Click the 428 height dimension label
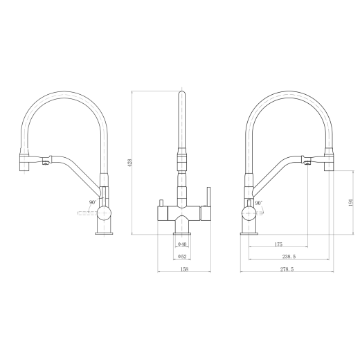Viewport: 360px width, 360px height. (x=130, y=163)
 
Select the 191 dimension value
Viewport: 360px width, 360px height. (x=351, y=202)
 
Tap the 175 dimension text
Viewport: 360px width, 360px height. (x=278, y=244)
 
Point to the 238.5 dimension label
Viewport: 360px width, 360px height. (x=289, y=256)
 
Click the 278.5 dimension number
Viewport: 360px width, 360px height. (x=287, y=269)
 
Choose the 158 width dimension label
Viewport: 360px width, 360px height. (x=184, y=269)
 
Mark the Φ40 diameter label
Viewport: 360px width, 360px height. (x=182, y=244)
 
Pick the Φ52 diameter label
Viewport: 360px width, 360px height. (x=182, y=256)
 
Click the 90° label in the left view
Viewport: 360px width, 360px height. (x=93, y=202)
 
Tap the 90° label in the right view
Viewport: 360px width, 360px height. (x=259, y=203)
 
